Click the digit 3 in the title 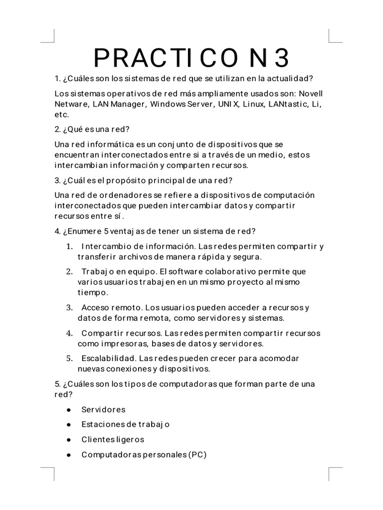(x=281, y=59)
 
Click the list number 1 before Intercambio (x=68, y=247)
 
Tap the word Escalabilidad (x=108, y=359)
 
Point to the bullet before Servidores (x=68, y=410)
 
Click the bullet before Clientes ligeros (x=68, y=440)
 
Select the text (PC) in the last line (x=197, y=455)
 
